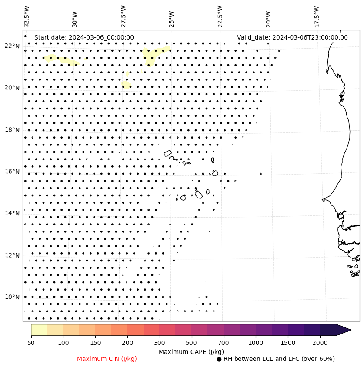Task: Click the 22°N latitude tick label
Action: pos(12,46)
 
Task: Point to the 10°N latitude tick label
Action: pos(12,297)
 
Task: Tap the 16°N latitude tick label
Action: pos(12,172)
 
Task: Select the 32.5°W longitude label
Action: pos(27,16)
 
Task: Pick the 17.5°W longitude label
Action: pos(317,16)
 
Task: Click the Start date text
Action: pos(84,37)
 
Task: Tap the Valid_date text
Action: pos(292,37)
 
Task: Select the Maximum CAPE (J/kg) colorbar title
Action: pos(191,351)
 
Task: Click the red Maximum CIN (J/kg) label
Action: pos(107,359)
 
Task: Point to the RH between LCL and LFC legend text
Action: pos(279,359)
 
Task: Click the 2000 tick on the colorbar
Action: pos(320,343)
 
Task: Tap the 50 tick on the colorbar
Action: pos(31,343)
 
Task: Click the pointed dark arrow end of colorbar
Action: pos(344,330)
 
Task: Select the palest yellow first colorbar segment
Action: pos(39,330)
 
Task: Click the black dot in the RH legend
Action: pos(219,359)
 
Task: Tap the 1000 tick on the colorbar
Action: pos(256,343)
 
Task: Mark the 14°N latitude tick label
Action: pos(12,213)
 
